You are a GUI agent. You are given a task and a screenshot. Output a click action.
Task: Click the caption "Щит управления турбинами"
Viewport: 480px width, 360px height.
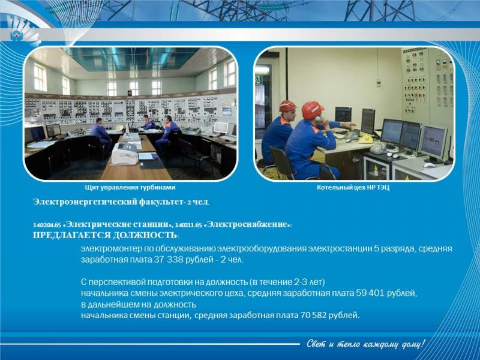130,187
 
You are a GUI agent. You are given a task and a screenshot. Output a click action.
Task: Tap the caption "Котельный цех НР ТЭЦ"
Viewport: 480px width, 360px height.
353,187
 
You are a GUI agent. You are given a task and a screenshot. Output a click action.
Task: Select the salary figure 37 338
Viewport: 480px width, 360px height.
169,260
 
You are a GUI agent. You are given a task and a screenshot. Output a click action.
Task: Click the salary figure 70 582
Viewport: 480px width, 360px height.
313,315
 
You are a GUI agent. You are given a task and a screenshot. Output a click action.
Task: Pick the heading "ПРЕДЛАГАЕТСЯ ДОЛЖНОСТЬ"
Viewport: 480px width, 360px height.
105,235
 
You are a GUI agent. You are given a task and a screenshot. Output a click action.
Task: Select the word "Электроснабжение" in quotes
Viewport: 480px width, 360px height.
248,224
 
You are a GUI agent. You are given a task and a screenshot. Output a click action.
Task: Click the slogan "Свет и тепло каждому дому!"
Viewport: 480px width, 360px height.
366,344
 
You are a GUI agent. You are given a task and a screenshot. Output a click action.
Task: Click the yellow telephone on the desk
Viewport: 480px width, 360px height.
366,139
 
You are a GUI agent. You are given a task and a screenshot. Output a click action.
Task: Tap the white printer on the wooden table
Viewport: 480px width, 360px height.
125,154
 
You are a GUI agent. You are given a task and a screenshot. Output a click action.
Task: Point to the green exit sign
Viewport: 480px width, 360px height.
259,79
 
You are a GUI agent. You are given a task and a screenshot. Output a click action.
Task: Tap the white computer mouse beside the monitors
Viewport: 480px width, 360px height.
429,166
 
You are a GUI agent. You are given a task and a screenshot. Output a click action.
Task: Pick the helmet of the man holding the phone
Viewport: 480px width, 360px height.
312,110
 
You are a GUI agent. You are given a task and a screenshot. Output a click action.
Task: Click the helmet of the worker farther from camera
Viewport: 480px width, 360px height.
287,106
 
